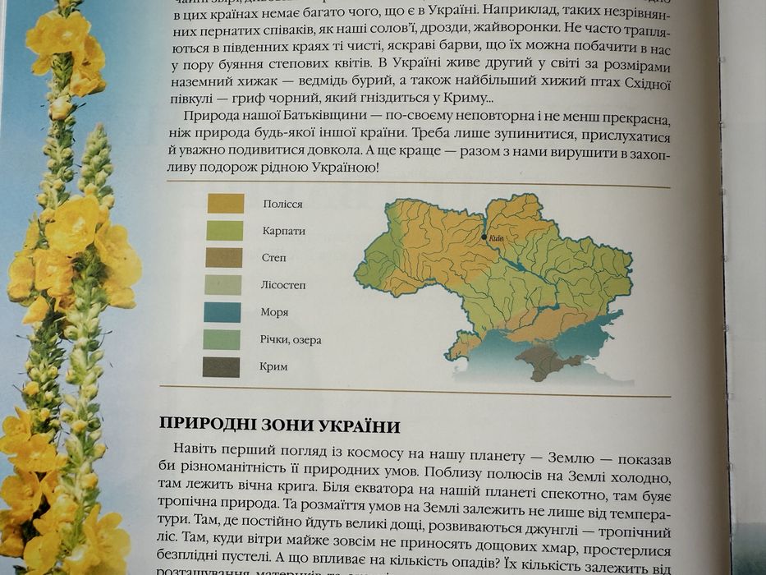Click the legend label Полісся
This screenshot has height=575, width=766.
click(x=282, y=204)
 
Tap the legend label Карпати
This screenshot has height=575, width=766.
click(x=284, y=231)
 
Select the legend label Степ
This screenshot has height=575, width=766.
click(x=274, y=258)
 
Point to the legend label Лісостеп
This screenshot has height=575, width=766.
click(x=284, y=285)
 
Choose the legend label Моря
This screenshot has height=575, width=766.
click(x=275, y=312)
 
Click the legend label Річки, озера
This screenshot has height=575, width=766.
click(x=291, y=339)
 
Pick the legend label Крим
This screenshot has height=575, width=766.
click(x=274, y=366)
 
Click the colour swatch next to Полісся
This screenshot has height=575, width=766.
click(x=225, y=203)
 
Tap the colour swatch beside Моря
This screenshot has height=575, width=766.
click(x=222, y=312)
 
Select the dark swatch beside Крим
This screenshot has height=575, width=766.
click(x=221, y=367)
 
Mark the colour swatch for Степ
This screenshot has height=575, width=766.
click(x=223, y=258)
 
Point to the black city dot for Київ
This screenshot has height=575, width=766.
click(x=484, y=237)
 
